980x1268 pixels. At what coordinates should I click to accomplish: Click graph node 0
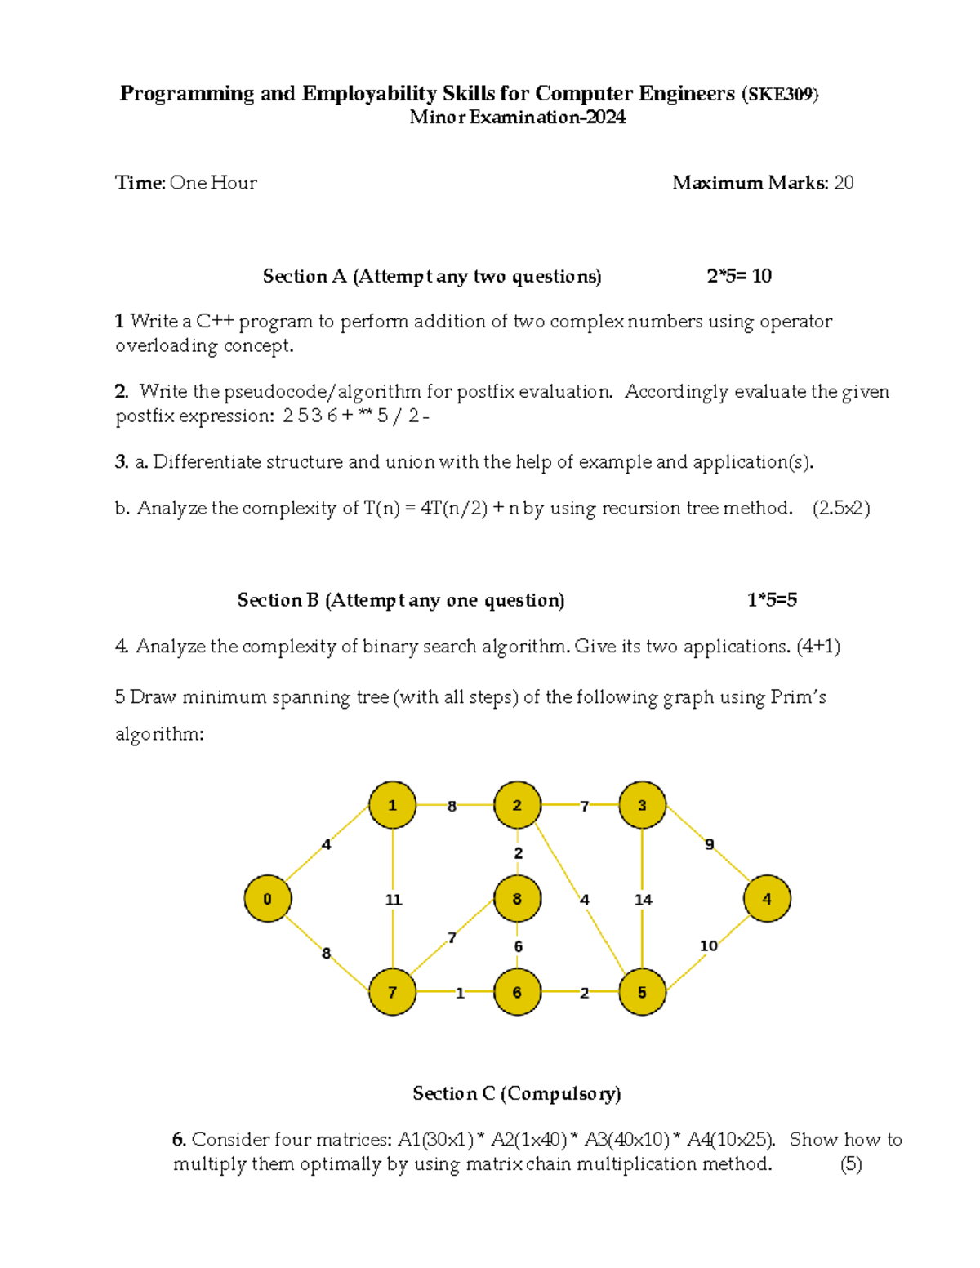tap(267, 899)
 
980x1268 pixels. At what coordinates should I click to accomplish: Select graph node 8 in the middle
tap(517, 899)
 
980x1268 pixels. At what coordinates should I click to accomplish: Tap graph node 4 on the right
tap(767, 899)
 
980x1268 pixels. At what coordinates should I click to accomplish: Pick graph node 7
tap(392, 992)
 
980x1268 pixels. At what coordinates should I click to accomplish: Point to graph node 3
tap(642, 806)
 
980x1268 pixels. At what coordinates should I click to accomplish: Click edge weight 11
tap(394, 900)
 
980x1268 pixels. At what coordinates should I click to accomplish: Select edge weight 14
tap(644, 900)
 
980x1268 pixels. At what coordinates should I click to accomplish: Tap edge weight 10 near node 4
tap(709, 945)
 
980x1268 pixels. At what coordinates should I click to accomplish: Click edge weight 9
tap(710, 844)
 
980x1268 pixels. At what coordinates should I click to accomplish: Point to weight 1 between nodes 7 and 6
tap(460, 993)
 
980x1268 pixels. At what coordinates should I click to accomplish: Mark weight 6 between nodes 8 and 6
tap(518, 946)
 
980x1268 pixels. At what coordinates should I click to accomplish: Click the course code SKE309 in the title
tap(780, 95)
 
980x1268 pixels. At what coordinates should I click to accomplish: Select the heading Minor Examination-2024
tap(518, 118)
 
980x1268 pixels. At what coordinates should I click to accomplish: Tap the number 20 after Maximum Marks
tap(844, 183)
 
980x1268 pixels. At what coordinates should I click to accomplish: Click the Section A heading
tap(432, 277)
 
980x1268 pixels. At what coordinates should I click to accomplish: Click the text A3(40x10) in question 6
tap(626, 1140)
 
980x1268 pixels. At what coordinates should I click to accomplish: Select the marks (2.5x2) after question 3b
tap(841, 508)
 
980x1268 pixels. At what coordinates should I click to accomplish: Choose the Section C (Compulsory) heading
tap(517, 1094)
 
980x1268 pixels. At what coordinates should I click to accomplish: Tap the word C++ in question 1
tap(215, 322)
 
